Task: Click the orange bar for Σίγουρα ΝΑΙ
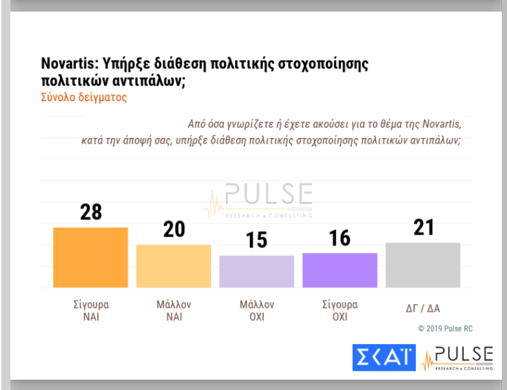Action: [90, 257]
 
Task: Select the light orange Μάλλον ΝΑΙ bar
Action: [174, 266]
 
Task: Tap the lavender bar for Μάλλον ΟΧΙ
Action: [257, 271]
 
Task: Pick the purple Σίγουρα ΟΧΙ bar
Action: [340, 269]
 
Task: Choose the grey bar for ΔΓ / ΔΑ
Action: [422, 265]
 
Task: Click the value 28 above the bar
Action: [90, 211]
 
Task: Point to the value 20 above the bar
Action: [174, 229]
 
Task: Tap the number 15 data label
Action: [257, 240]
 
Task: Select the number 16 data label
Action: [340, 237]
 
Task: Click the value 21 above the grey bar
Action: [422, 227]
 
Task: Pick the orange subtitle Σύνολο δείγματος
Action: [83, 98]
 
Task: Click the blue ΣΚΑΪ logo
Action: [384, 358]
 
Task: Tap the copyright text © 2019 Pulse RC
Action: [445, 328]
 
